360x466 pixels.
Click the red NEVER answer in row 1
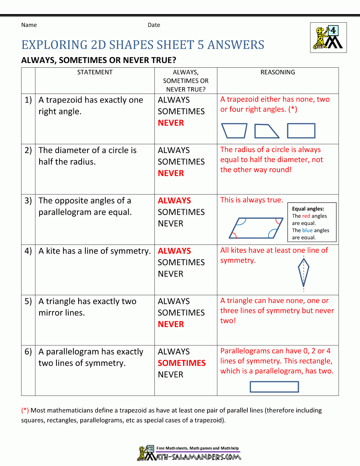(171, 123)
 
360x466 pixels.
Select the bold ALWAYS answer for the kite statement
(174, 251)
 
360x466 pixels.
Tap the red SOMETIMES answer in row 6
(181, 363)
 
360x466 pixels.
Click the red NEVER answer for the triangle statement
(171, 324)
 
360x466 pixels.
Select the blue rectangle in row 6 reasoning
(274, 387)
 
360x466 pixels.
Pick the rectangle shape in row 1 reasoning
(301, 131)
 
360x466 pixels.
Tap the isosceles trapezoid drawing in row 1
(234, 131)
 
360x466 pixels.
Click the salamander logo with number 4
(328, 38)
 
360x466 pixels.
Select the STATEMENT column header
(95, 72)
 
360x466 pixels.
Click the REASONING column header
(278, 72)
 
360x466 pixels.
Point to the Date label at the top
(154, 25)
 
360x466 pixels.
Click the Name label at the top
(29, 25)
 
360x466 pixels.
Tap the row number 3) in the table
(28, 201)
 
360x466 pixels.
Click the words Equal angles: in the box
(308, 209)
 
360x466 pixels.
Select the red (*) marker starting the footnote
(25, 410)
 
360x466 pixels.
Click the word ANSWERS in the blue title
(236, 45)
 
